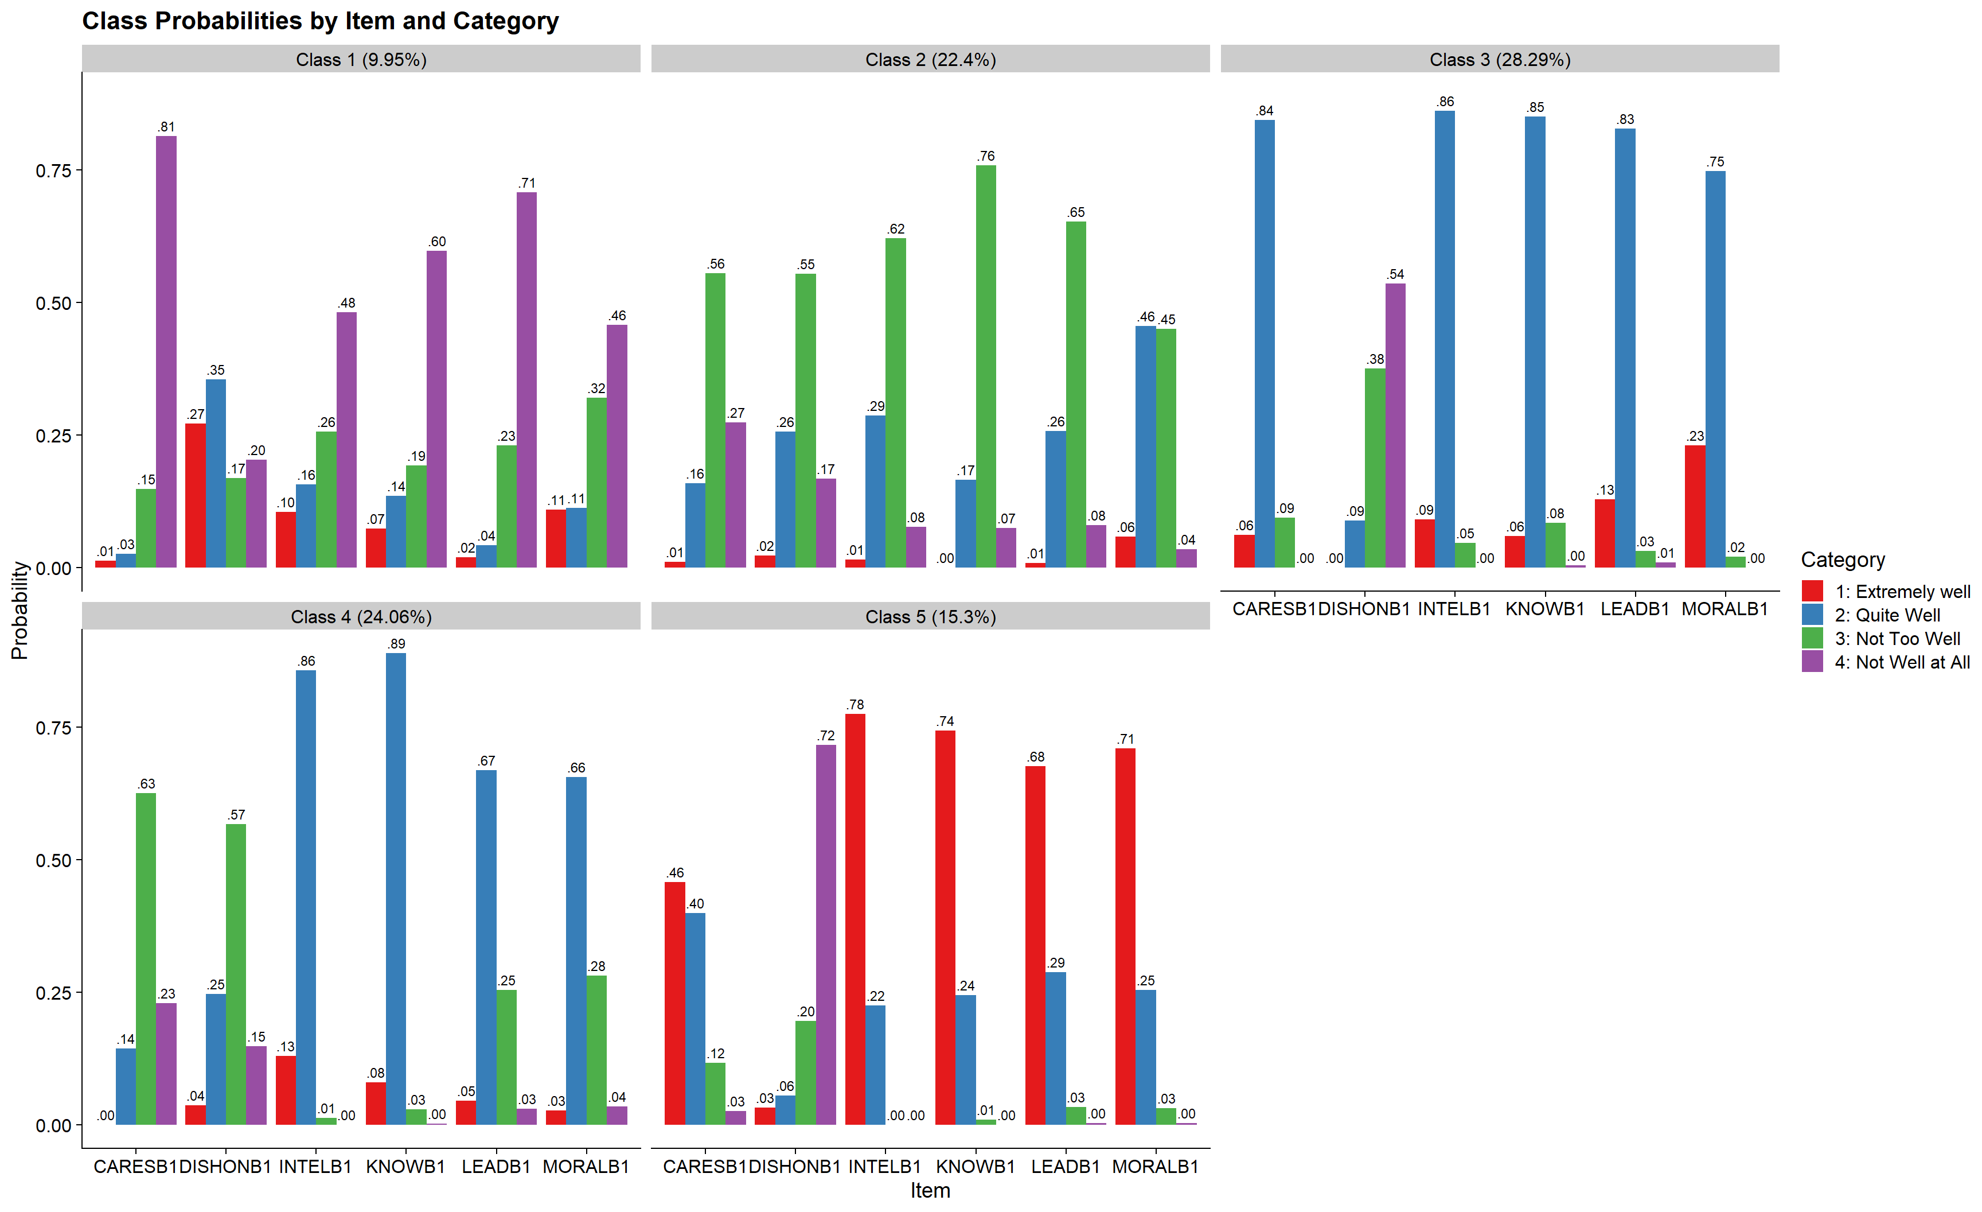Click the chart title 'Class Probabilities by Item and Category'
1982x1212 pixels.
pyautogui.click(x=320, y=21)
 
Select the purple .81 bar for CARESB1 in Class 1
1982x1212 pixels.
pyautogui.click(x=166, y=352)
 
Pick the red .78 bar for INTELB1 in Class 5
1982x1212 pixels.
pyautogui.click(x=855, y=919)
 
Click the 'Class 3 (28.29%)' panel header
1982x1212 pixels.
pyautogui.click(x=1499, y=60)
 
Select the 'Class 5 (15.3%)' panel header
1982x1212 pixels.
pyautogui.click(x=930, y=616)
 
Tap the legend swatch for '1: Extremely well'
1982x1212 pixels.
pyautogui.click(x=1812, y=592)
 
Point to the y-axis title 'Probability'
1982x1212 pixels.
pyautogui.click(x=19, y=610)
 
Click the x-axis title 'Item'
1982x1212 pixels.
pyautogui.click(x=930, y=1190)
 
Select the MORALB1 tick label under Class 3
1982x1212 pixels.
pyautogui.click(x=1725, y=609)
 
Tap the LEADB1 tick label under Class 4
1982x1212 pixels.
pyautogui.click(x=495, y=1166)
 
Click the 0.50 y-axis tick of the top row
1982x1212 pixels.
pyautogui.click(x=53, y=304)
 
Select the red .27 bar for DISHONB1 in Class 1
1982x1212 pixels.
pyautogui.click(x=196, y=496)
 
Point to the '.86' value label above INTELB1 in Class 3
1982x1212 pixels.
pyautogui.click(x=1445, y=102)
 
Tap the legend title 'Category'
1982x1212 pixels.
pyautogui.click(x=1842, y=560)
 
